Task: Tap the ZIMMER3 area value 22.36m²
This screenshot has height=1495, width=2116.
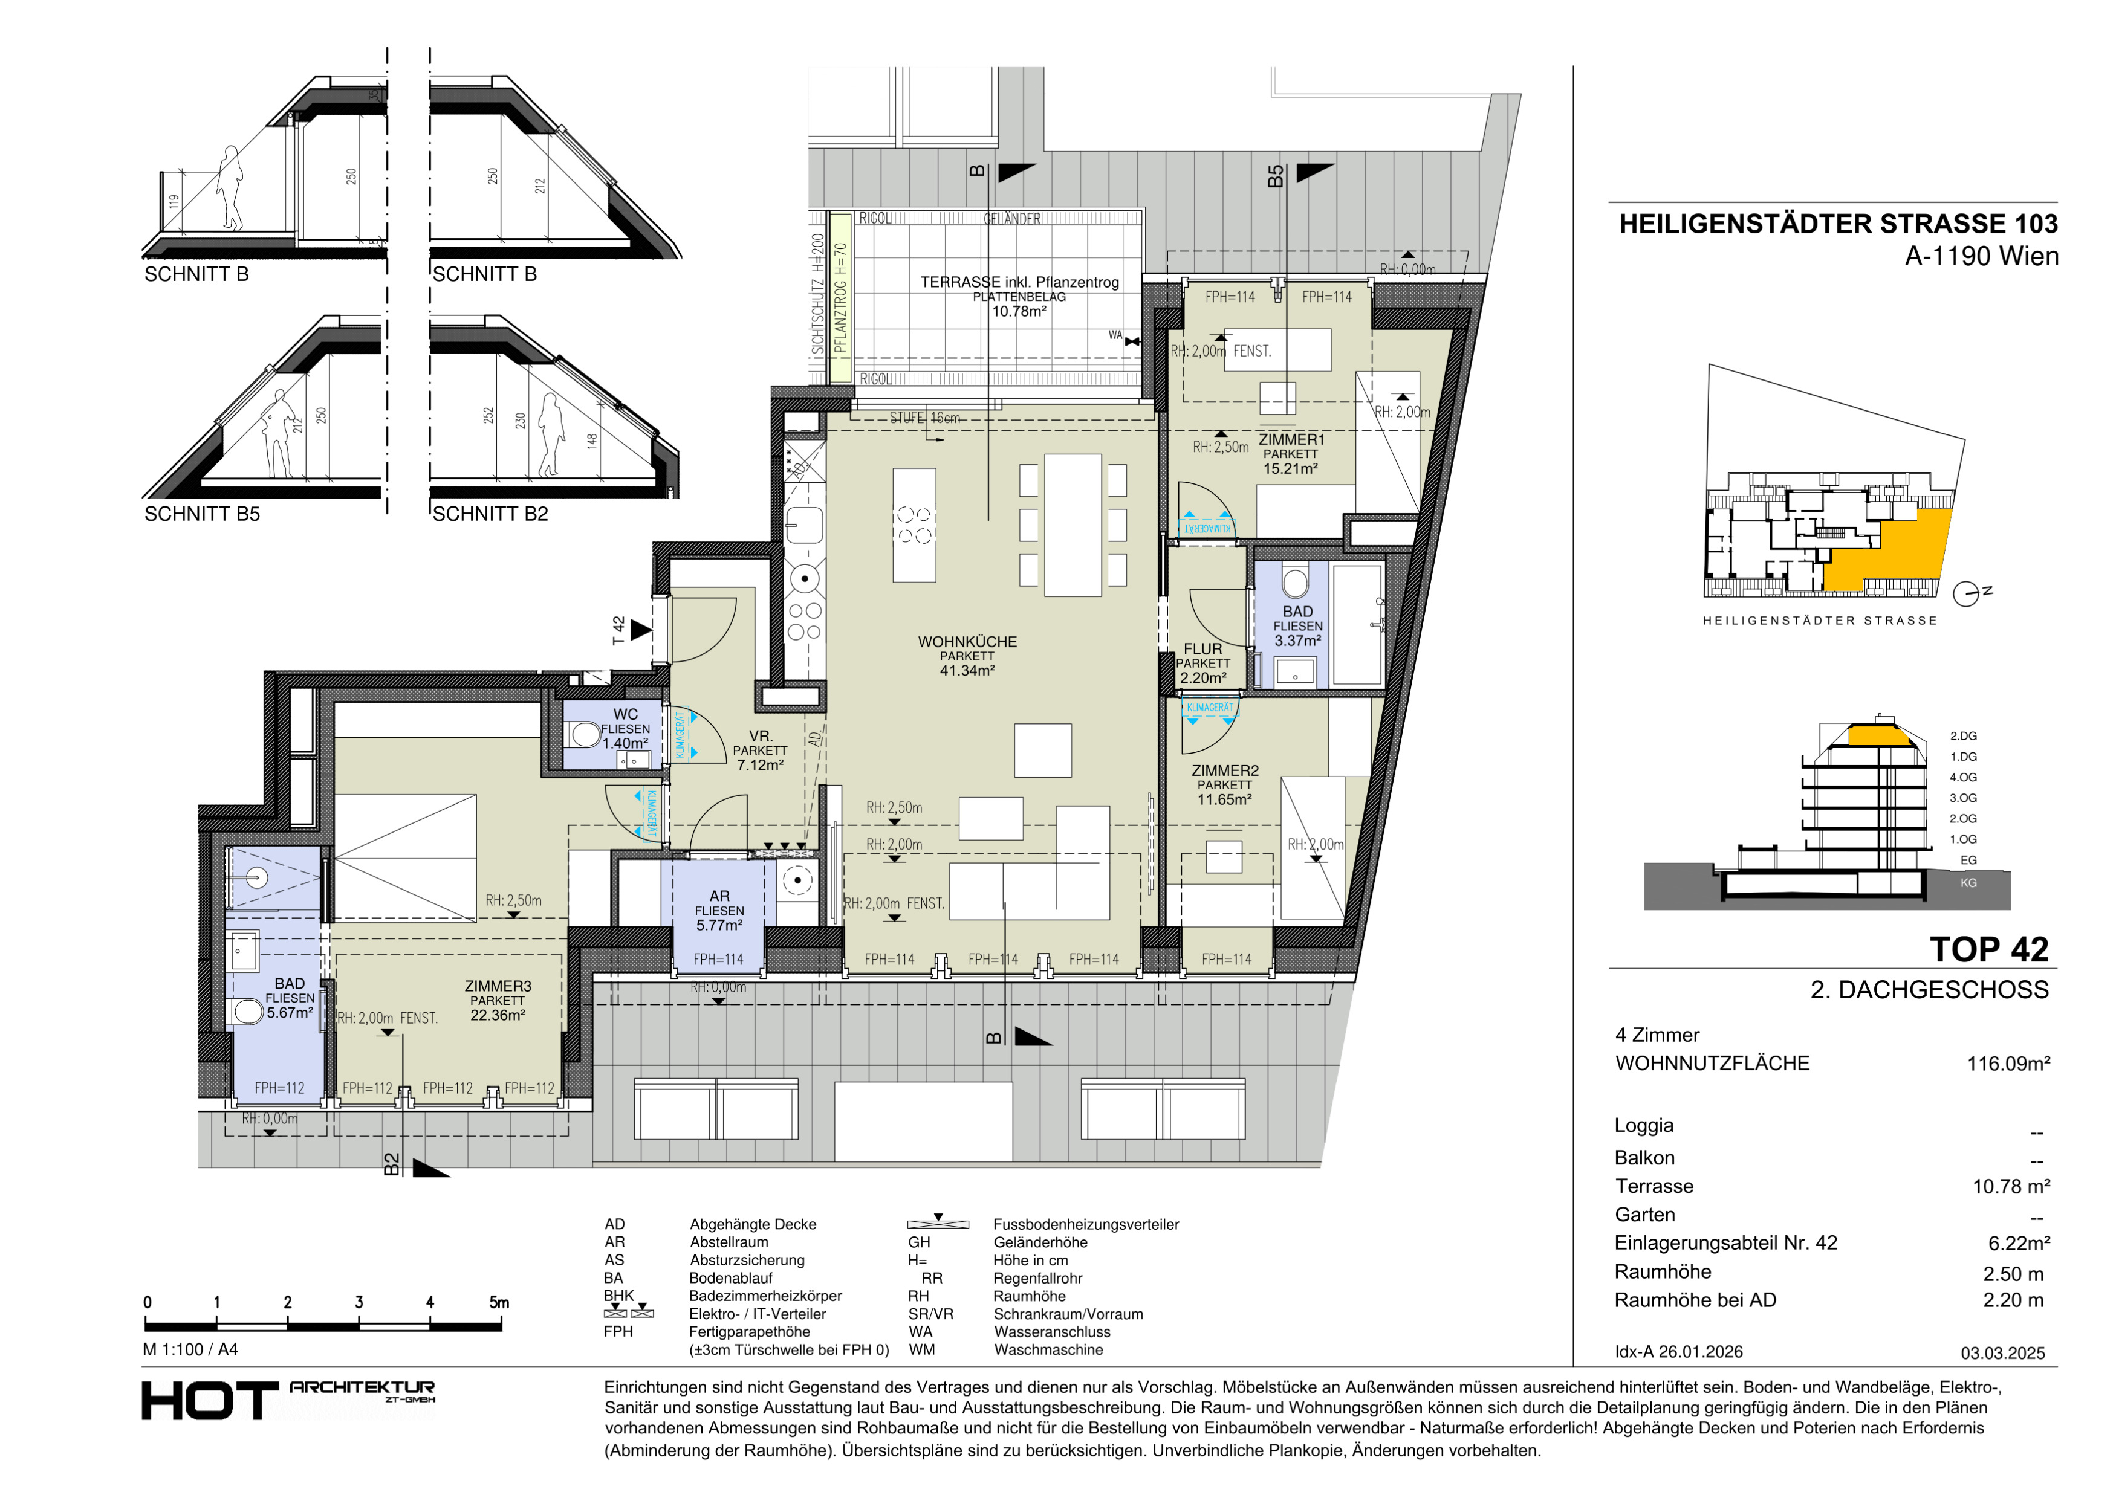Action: coord(498,1015)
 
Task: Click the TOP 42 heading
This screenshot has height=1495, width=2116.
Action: coord(1989,950)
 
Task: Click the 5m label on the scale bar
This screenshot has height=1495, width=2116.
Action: coord(499,1302)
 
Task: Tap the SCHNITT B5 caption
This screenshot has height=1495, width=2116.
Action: coord(202,514)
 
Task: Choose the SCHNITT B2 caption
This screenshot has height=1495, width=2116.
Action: coord(490,514)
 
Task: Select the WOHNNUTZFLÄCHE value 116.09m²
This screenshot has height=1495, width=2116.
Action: coord(2008,1064)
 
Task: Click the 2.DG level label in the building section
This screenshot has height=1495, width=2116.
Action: coord(1963,736)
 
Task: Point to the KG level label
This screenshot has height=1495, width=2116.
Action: coord(1968,882)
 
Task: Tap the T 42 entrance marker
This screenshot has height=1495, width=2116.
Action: coord(631,631)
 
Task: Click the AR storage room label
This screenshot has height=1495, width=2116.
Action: coord(720,896)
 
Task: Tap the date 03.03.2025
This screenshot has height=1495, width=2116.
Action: coord(2002,1353)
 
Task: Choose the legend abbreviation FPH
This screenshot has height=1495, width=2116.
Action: coord(618,1332)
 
